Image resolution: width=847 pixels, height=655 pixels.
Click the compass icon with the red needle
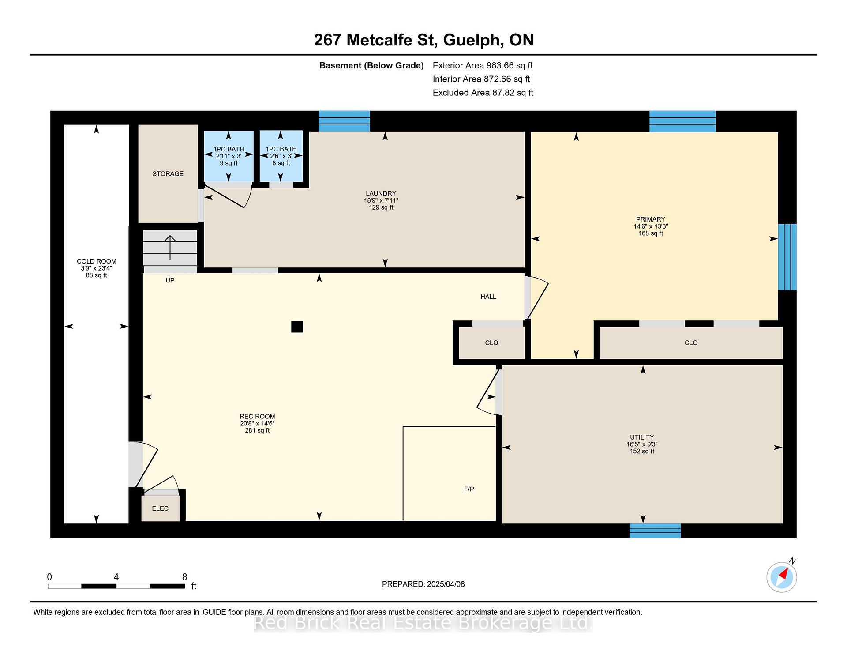781,577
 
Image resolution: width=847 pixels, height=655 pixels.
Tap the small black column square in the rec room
297,327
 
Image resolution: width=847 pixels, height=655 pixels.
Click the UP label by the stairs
170,280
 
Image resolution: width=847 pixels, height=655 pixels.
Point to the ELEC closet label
160,508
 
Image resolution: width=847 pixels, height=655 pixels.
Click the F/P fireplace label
469,489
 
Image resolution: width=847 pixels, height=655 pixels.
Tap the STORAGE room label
168,174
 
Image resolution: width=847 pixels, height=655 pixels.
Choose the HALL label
488,297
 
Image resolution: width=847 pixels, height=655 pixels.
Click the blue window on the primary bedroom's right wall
787,257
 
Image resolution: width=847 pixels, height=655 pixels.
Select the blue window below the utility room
655,531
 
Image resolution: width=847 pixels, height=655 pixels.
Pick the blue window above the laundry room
344,121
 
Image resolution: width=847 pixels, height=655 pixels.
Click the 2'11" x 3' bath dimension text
229,156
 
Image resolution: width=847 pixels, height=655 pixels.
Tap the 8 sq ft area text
281,163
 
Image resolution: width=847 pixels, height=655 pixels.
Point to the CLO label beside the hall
491,343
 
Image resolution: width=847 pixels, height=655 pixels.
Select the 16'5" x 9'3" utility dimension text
642,444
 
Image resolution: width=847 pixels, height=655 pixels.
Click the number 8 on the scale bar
184,577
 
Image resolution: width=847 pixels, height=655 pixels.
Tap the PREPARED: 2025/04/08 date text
423,584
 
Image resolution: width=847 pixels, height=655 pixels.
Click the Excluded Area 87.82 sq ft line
483,93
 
